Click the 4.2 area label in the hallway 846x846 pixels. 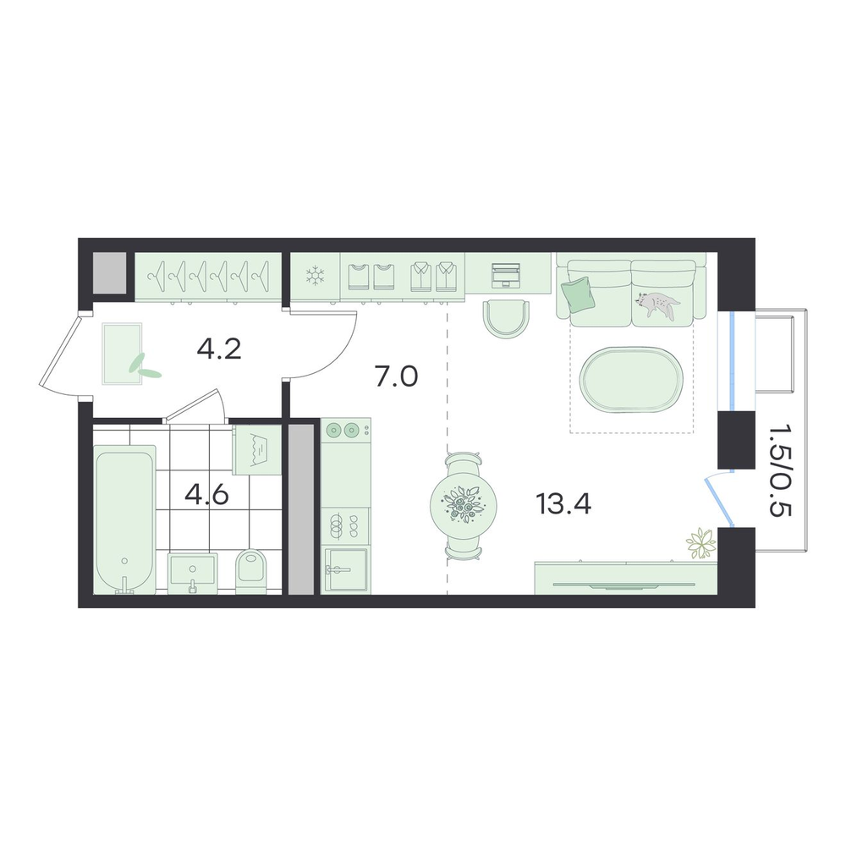(218, 349)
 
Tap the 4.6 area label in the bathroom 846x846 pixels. (206, 495)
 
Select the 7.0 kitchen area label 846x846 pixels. (397, 376)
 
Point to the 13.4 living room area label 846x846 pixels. (563, 504)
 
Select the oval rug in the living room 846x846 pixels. (631, 380)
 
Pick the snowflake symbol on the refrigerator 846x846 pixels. (313, 276)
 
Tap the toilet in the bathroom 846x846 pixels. (252, 572)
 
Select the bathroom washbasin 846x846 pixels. (193, 573)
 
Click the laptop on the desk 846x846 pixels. (506, 275)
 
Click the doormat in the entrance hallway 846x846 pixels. (123, 354)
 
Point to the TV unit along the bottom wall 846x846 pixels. (626, 578)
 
